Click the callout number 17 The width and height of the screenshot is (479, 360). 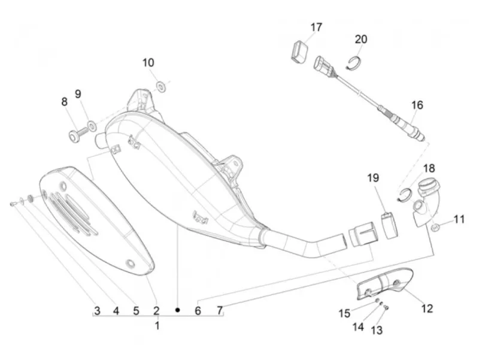click(x=316, y=27)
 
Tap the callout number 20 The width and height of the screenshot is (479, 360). click(x=361, y=39)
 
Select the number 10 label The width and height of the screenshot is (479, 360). click(x=148, y=63)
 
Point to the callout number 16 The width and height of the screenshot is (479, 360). click(x=417, y=105)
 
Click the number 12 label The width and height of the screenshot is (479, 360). click(x=427, y=308)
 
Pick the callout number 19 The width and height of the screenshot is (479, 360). click(x=373, y=178)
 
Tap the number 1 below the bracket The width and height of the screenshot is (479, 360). click(x=157, y=326)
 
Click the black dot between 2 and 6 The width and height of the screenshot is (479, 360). click(x=177, y=310)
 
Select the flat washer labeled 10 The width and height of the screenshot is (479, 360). click(x=160, y=86)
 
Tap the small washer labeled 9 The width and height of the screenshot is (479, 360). click(x=92, y=125)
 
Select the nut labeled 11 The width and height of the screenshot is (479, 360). click(x=435, y=228)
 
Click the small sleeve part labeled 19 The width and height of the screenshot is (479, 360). click(x=390, y=225)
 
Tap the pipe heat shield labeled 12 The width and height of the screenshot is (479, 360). click(x=385, y=282)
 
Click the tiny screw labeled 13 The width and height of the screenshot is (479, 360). click(x=386, y=307)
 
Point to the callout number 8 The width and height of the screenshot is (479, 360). click(x=64, y=102)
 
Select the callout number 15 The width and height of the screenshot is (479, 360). click(x=344, y=313)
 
